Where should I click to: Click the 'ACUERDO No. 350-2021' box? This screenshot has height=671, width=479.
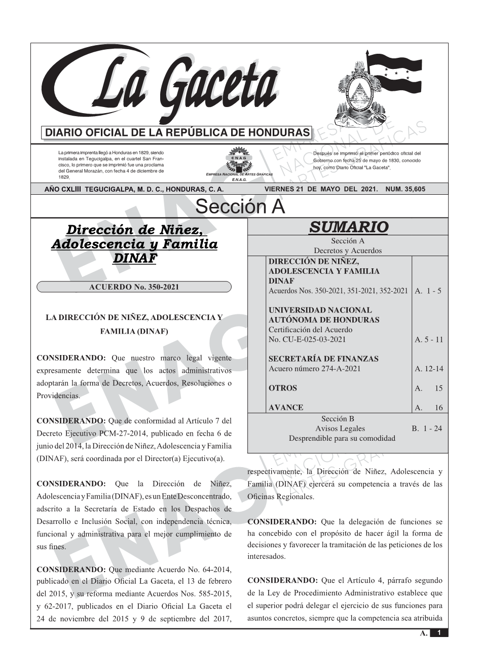pos(134,287)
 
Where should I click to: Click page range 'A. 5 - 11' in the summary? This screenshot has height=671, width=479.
pos(428,339)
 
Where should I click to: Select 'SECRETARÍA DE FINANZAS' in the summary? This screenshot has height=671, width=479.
pos(323,359)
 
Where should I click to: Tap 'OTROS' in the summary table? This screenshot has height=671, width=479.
pos(283,388)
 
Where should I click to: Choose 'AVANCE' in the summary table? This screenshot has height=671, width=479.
pos(286,407)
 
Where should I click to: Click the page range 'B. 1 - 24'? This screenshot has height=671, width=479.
pos(426,429)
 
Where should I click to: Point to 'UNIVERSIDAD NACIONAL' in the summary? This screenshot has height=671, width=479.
pos(320,310)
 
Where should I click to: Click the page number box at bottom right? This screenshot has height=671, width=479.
pos(439,632)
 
